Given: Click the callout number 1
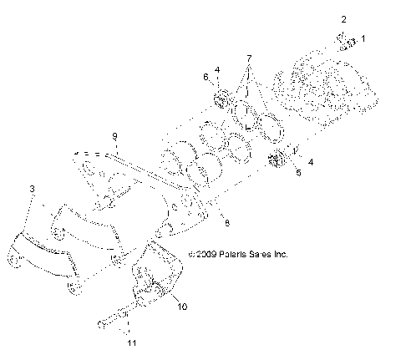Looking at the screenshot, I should tap(362, 38).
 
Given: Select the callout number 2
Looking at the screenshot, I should tap(343, 18).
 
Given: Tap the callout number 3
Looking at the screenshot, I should tap(33, 190).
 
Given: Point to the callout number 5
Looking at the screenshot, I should tap(296, 173).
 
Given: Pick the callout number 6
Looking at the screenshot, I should tap(205, 77).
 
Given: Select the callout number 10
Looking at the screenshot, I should tap(181, 306).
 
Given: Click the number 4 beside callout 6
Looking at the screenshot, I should tap(217, 69).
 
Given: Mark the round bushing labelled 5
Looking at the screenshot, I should tap(278, 160).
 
